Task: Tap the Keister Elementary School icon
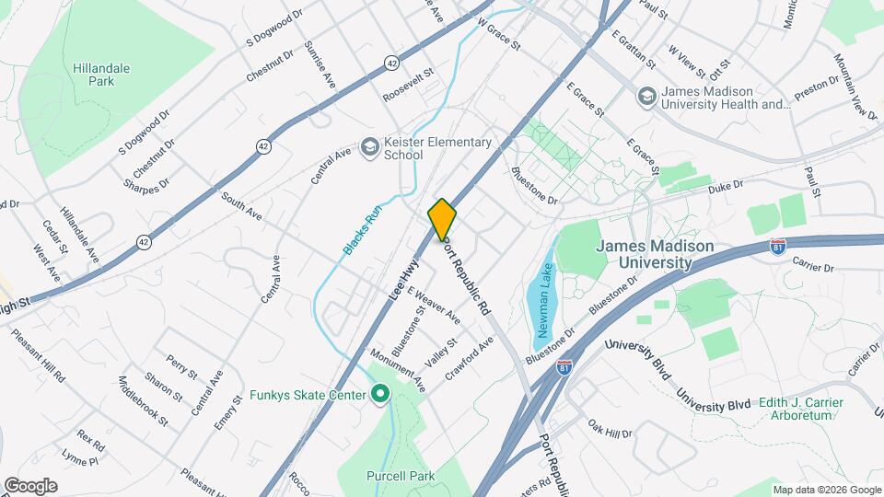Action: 369,147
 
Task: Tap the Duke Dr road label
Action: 726,188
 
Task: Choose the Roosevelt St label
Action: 408,84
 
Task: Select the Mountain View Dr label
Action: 855,87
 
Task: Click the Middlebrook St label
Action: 143,401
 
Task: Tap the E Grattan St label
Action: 633,51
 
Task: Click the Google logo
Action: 30,486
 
